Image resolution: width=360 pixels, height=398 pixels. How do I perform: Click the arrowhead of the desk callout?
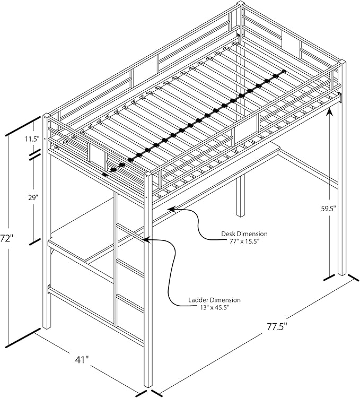171,210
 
